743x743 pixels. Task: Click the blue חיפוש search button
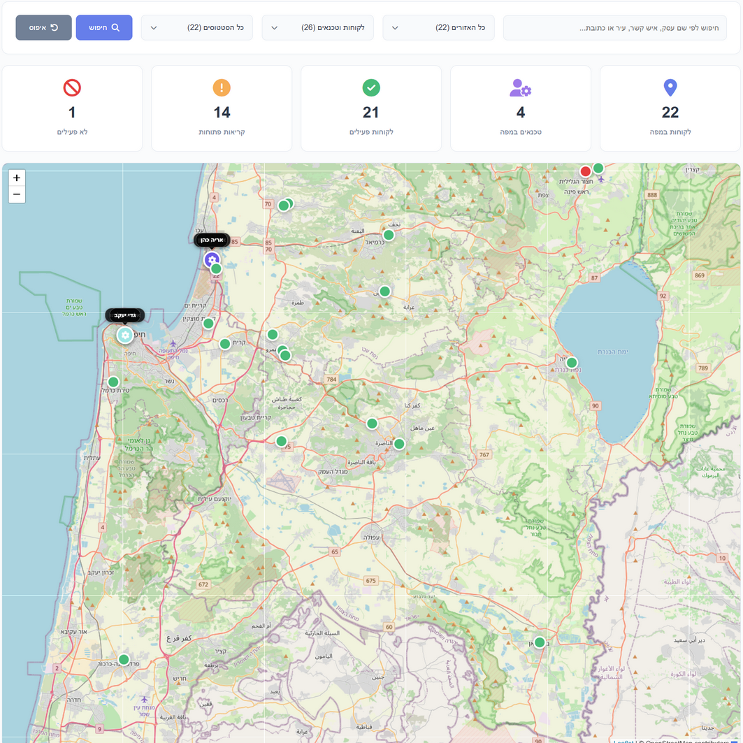(104, 28)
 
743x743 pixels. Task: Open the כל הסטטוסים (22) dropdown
(196, 28)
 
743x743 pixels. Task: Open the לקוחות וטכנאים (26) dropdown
(317, 28)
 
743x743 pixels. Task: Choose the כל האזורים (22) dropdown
(438, 28)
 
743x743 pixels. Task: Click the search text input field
(614, 28)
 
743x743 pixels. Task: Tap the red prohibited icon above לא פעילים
(72, 87)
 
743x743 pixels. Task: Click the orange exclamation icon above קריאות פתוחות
(222, 87)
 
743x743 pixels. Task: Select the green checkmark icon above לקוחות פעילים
(371, 87)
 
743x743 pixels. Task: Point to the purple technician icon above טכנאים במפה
(521, 87)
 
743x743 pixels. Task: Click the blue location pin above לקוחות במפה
(670, 87)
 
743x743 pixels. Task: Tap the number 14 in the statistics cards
(222, 112)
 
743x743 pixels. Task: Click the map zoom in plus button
(17, 178)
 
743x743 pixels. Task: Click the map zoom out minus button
(17, 194)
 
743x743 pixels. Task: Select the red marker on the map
(586, 171)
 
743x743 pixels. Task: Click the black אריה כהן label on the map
(212, 240)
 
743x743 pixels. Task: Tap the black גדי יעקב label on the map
(124, 315)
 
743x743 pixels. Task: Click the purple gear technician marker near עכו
(211, 259)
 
